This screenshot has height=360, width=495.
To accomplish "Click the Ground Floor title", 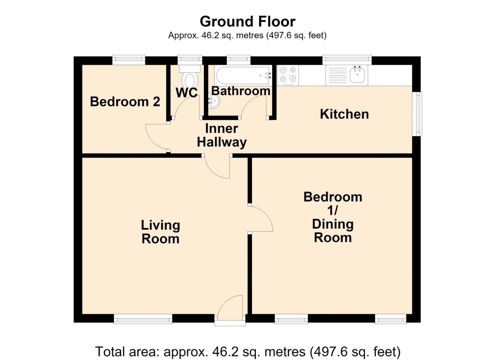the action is coord(247,22).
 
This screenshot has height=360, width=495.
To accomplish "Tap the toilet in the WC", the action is coord(190,76).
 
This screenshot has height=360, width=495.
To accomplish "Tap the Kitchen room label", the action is coord(344,114).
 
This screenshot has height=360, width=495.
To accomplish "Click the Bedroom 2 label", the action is coord(125,102).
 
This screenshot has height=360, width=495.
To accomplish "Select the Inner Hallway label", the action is coord(222,135).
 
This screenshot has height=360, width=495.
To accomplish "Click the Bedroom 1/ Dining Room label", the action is coord(333,217).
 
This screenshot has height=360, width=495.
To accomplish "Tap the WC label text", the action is coord(187,93).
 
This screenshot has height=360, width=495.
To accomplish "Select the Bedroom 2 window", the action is coord(129,60).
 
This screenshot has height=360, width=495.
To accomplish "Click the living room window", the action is coord(143,319).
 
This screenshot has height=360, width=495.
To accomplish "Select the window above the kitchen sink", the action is coord(347,60).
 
